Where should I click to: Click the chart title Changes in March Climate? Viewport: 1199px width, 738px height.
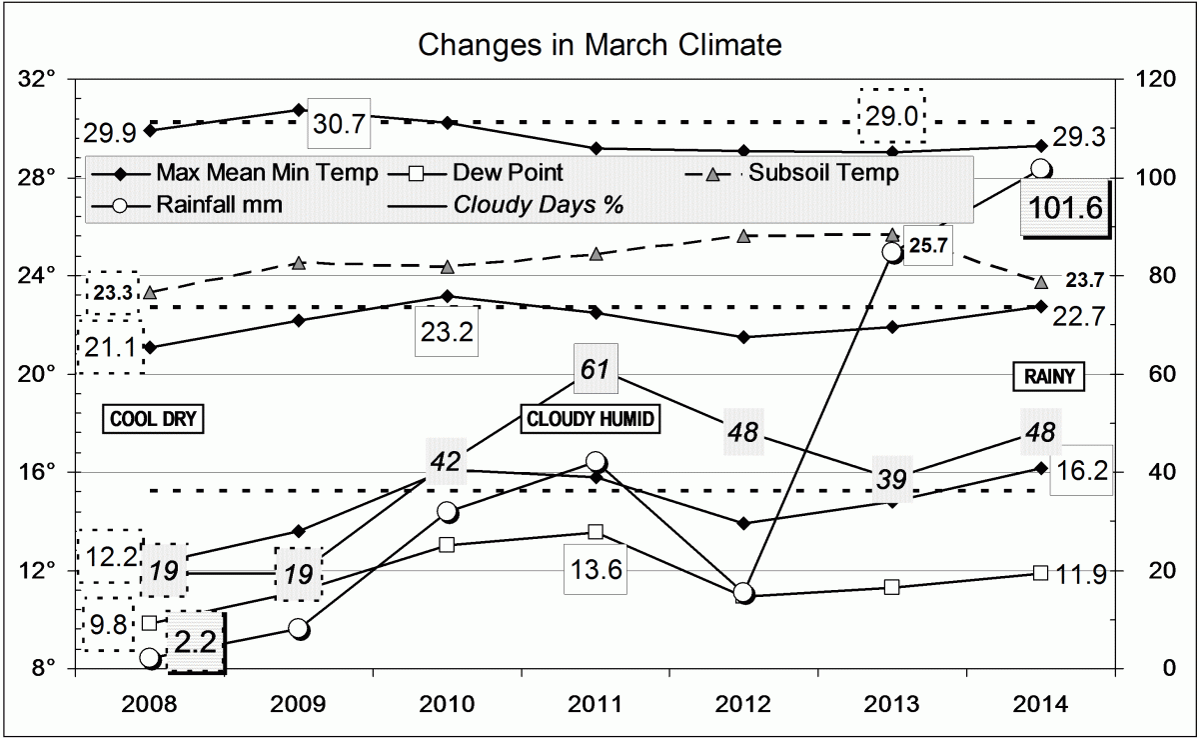pyautogui.click(x=599, y=45)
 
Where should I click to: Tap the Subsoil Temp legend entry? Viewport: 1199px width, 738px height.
pyautogui.click(x=823, y=173)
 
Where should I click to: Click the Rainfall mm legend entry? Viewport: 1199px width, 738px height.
pyautogui.click(x=219, y=205)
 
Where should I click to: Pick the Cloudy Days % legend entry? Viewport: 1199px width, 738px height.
pyautogui.click(x=539, y=205)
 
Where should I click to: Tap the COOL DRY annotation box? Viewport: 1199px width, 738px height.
pyautogui.click(x=153, y=419)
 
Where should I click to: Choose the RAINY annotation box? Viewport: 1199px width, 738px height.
pyautogui.click(x=1048, y=377)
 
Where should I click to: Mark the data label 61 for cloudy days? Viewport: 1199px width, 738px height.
pyautogui.click(x=596, y=370)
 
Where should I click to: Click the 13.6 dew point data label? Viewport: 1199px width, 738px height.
pyautogui.click(x=596, y=570)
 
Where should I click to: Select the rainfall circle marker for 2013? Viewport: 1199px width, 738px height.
pyautogui.click(x=893, y=251)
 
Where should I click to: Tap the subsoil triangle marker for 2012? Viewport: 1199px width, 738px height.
pyautogui.click(x=743, y=236)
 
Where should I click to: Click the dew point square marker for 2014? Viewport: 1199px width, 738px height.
pyautogui.click(x=1040, y=572)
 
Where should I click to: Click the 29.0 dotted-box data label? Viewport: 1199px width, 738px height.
pyautogui.click(x=892, y=116)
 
